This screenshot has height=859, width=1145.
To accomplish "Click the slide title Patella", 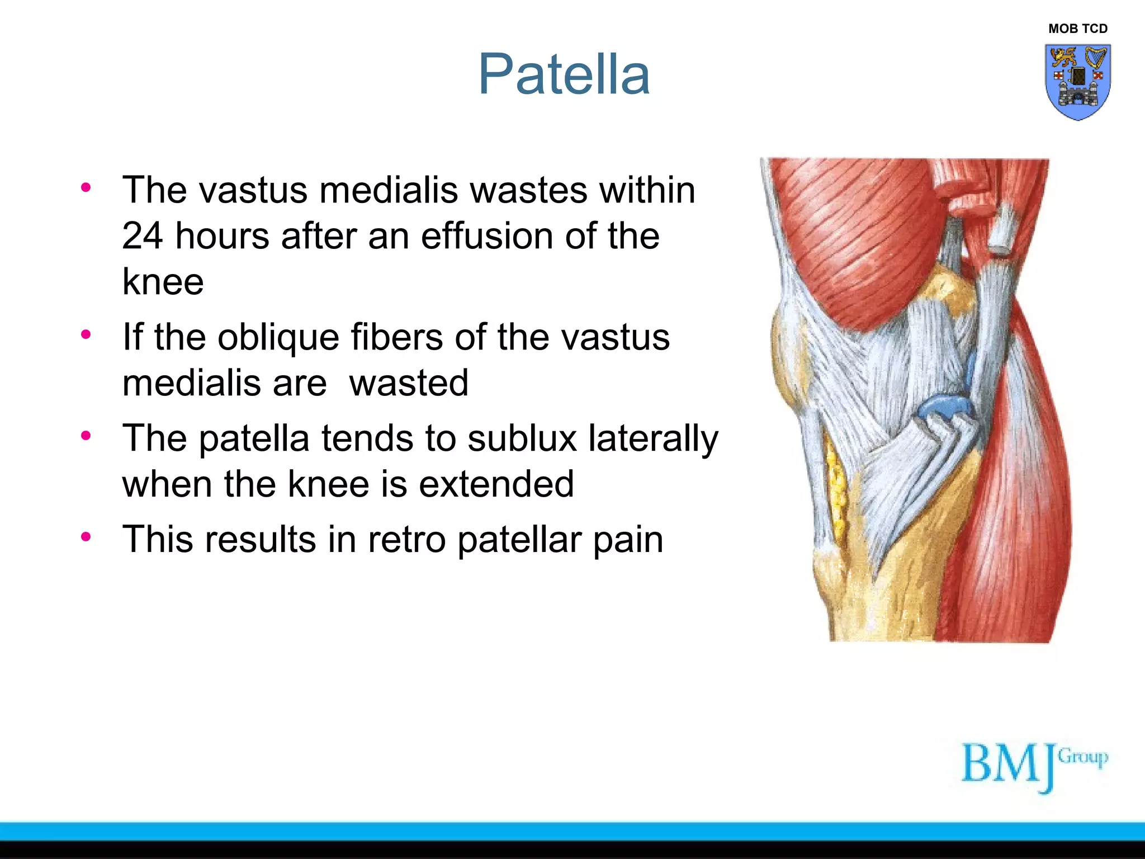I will click(x=564, y=74).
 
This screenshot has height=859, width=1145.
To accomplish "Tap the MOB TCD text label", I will click(x=1077, y=29).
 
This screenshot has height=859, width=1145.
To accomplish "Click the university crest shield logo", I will click(x=1077, y=82).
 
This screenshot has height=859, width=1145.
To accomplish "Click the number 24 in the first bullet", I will click(x=143, y=235).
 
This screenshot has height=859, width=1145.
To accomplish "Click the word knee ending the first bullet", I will click(x=163, y=281).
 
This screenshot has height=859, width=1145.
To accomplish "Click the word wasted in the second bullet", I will click(x=408, y=383).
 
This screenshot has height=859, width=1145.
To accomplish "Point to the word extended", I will click(x=496, y=484).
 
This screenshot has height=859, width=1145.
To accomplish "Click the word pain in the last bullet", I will click(x=628, y=540).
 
